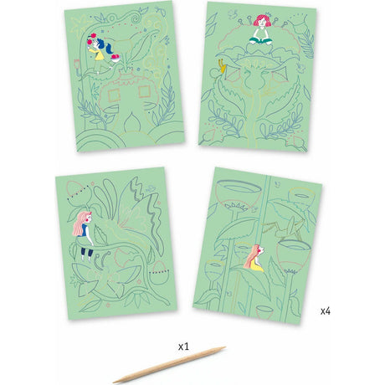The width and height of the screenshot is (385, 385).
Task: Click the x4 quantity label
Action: pyautogui.click(x=325, y=311)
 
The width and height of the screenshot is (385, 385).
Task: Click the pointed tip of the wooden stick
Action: pyautogui.click(x=115, y=382)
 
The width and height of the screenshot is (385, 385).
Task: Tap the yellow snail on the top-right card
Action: pyautogui.click(x=221, y=62)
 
